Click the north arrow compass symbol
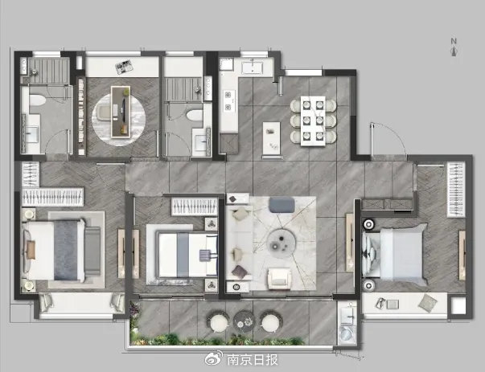[x=454, y=48]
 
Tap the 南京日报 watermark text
[x=253, y=359]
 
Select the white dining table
[x=313, y=121]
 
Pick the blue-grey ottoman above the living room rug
[x=282, y=205]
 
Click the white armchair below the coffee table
[x=279, y=278]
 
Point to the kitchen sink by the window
[x=253, y=67]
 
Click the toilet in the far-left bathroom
[x=37, y=100]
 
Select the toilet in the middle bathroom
[x=195, y=115]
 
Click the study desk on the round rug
[x=121, y=111]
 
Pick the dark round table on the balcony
[x=244, y=321]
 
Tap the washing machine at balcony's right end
[x=347, y=334]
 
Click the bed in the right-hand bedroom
[x=395, y=252]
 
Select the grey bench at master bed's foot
[x=92, y=251]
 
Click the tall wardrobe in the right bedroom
[x=456, y=190]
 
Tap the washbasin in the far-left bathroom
[x=31, y=134]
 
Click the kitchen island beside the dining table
[x=272, y=138]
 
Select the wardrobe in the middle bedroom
[x=195, y=206]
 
